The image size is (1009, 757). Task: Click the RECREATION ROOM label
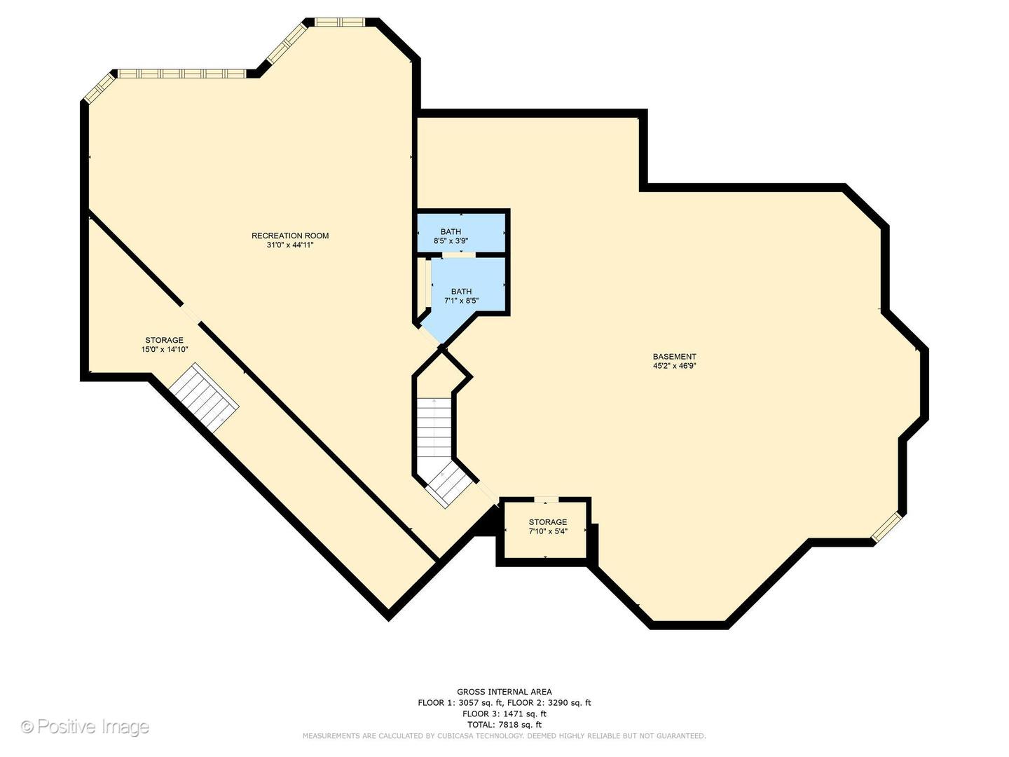pyautogui.click(x=289, y=236)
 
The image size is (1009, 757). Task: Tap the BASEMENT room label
pyautogui.click(x=674, y=356)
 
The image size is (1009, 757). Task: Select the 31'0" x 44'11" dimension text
pyautogui.click(x=289, y=245)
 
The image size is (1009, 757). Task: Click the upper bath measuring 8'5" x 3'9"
pyautogui.click(x=461, y=232)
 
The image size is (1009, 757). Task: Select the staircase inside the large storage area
pyautogui.click(x=204, y=398)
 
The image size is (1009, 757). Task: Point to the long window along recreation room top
pyautogui.click(x=182, y=74)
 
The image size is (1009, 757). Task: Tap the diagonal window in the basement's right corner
pyautogui.click(x=886, y=526)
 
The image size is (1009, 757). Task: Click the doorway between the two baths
pyautogui.click(x=459, y=254)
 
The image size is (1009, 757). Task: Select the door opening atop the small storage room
pyautogui.click(x=547, y=499)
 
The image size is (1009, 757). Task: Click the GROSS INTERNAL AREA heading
pyautogui.click(x=504, y=692)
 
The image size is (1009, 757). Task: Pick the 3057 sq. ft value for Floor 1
pyautogui.click(x=479, y=703)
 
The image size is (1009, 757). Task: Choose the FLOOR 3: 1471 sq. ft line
pyautogui.click(x=504, y=714)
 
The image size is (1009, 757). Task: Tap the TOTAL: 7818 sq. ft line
pyautogui.click(x=504, y=725)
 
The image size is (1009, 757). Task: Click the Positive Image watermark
pyautogui.click(x=85, y=727)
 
